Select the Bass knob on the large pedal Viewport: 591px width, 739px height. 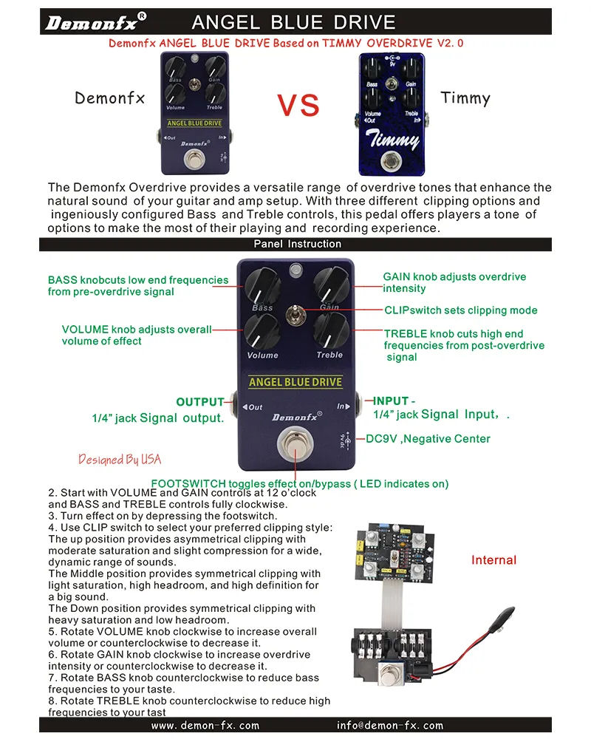[262, 284]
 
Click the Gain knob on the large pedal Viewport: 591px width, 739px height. [329, 284]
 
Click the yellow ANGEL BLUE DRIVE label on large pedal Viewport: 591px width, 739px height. [295, 382]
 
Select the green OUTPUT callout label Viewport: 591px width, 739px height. [199, 402]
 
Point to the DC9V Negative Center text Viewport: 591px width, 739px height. [428, 439]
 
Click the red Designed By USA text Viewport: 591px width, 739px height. [119, 460]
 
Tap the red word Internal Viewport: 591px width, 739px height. [493, 560]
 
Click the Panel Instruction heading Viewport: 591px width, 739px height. [298, 244]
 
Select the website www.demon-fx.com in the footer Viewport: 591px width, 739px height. [205, 726]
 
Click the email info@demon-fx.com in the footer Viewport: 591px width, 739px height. [389, 726]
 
